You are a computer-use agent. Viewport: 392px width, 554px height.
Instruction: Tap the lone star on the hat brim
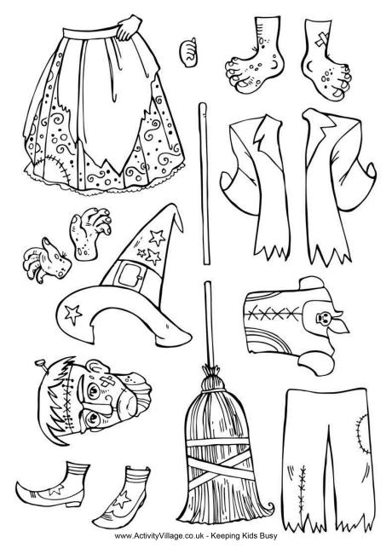pos(73,314)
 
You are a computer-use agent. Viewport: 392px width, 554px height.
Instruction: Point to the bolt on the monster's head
pos(41,364)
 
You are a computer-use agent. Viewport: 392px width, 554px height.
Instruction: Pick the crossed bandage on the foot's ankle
pos(322,39)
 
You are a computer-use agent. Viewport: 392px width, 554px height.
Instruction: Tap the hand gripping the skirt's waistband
pos(129,27)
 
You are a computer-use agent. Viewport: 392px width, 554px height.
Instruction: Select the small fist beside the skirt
pos(187,52)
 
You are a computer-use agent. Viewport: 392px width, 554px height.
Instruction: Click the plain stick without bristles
pos(204,184)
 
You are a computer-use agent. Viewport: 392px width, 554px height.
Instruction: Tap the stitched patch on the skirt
pos(51,169)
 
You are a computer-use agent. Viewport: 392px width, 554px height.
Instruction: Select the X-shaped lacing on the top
pos(274,312)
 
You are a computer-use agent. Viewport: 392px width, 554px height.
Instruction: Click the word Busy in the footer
pos(268,535)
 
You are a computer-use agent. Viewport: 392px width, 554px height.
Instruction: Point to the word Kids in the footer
pos(251,535)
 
